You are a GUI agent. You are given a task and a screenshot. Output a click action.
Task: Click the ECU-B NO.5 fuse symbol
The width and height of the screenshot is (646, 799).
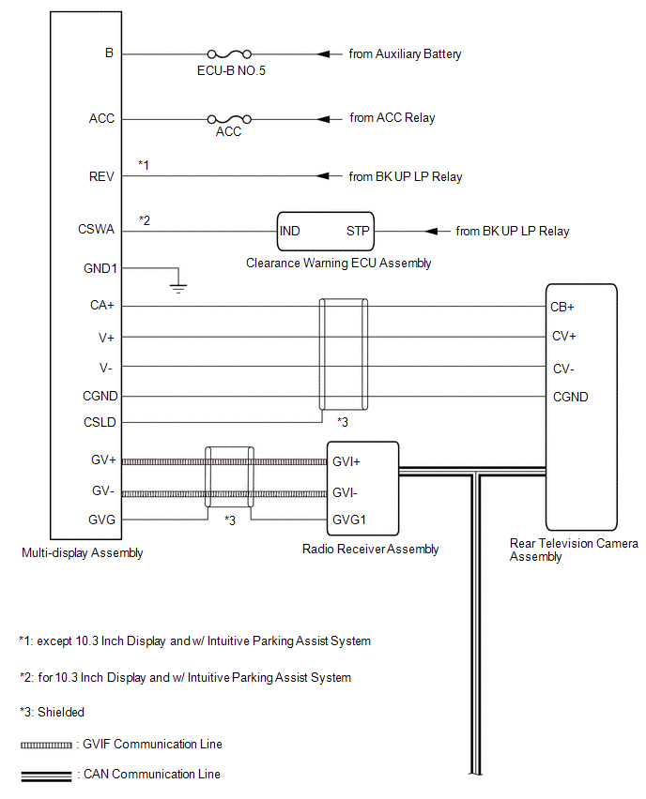click(x=229, y=53)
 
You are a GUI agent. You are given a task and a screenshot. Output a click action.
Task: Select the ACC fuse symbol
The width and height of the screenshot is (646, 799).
click(x=229, y=119)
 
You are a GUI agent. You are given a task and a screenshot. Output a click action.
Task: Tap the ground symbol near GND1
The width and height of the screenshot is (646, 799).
click(x=178, y=289)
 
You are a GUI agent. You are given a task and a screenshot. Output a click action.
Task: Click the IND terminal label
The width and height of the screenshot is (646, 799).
click(x=289, y=231)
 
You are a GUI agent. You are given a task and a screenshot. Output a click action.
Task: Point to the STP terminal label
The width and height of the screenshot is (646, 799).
click(x=358, y=231)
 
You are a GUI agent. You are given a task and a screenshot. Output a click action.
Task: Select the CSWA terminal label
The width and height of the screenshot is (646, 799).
click(x=96, y=229)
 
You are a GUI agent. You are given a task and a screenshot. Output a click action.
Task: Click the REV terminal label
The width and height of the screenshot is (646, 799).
click(x=101, y=176)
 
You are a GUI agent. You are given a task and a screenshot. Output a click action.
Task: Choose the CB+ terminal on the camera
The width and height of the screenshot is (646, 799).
click(x=562, y=307)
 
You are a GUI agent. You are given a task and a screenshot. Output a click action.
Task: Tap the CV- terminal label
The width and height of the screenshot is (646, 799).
click(x=563, y=369)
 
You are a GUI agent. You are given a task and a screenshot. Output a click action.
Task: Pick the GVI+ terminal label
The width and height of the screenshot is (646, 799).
click(x=346, y=461)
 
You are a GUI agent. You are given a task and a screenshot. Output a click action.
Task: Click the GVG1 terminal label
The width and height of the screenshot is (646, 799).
click(x=349, y=520)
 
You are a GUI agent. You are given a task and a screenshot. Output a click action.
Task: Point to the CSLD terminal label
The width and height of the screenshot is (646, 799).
click(x=100, y=422)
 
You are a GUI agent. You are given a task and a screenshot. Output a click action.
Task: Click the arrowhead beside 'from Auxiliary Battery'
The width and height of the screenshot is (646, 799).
click(x=323, y=54)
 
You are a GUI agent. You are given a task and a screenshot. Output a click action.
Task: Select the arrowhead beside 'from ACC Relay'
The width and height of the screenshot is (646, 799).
click(x=323, y=119)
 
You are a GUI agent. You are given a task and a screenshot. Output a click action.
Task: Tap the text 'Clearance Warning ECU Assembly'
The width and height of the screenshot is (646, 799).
click(x=338, y=263)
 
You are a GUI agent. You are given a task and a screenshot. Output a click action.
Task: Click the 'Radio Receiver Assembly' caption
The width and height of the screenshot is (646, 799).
click(x=371, y=549)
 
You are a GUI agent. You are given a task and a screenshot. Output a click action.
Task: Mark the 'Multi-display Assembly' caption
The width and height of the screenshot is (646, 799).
click(x=82, y=553)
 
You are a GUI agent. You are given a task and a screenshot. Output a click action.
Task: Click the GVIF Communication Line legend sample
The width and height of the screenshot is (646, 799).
click(x=46, y=745)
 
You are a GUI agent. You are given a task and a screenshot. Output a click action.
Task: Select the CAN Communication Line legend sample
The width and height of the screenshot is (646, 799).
click(x=46, y=776)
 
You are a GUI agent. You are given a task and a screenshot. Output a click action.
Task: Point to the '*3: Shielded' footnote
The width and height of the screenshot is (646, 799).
click(x=52, y=712)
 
